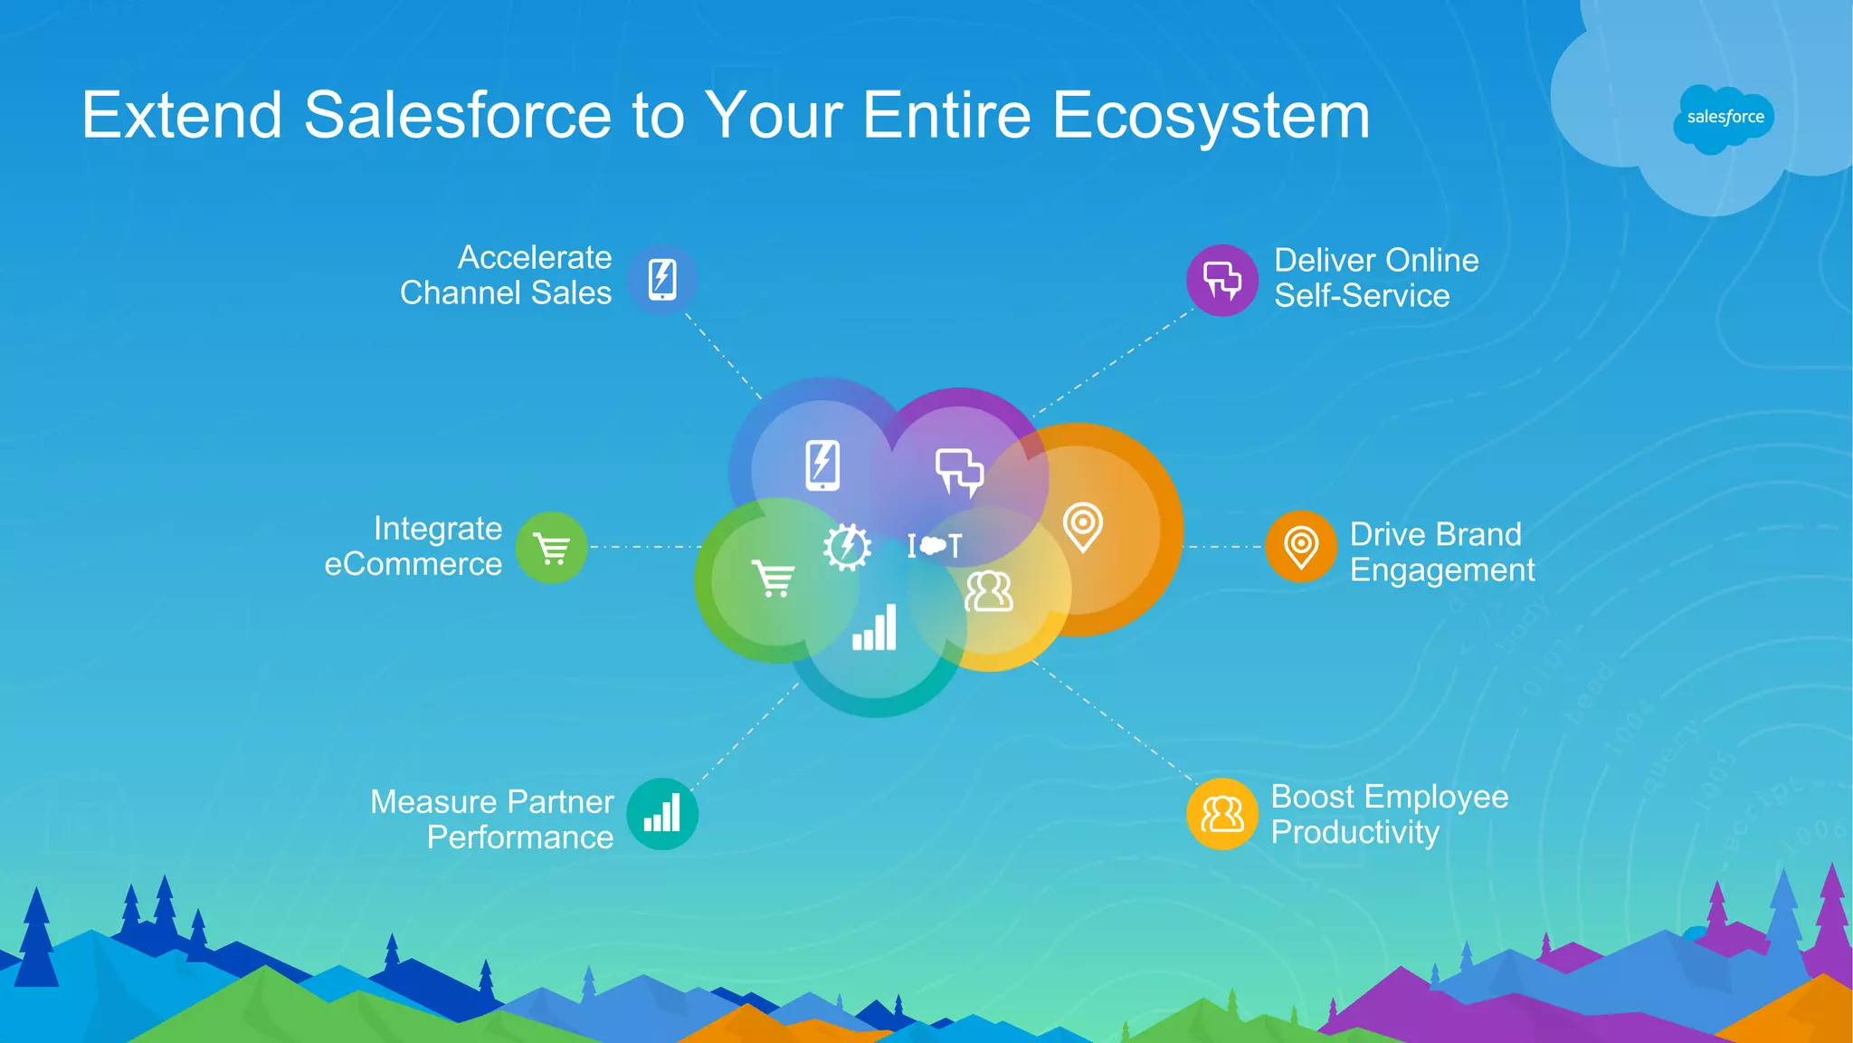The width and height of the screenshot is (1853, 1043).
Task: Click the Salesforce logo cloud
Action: coord(1724,118)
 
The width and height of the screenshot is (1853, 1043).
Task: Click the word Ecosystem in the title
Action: coord(1211,116)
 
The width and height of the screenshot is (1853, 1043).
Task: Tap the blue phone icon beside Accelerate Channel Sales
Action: coord(662,279)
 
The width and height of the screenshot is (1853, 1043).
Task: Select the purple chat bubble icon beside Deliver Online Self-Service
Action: coord(1221,280)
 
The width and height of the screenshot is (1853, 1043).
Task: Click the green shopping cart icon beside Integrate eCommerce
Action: coord(552,548)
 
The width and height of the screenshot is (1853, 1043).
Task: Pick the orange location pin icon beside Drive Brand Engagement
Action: coord(1301,546)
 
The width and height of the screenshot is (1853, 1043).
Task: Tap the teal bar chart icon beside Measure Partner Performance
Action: coord(662,813)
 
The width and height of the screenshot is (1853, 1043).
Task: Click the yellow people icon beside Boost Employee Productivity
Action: coord(1221,814)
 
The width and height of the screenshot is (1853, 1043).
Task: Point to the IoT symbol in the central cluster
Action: coord(935,545)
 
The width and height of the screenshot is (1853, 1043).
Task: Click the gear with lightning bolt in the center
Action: coord(847,547)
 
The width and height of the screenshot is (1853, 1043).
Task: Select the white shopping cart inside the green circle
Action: coord(774,579)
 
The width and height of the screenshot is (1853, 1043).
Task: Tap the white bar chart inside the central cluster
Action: coord(875,627)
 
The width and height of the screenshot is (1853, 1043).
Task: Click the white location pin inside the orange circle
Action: coord(1082,526)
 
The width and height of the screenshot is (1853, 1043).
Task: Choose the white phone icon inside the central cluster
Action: coord(822,465)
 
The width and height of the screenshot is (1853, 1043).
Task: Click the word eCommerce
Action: coord(413,565)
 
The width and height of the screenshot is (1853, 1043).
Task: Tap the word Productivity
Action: coord(1354,832)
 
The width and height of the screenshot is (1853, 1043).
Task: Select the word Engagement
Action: coord(1442,570)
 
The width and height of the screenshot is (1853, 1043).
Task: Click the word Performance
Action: coord(520,837)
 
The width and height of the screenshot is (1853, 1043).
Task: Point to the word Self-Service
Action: coord(1362,296)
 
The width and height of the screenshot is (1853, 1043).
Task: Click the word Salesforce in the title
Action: coord(458,116)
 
